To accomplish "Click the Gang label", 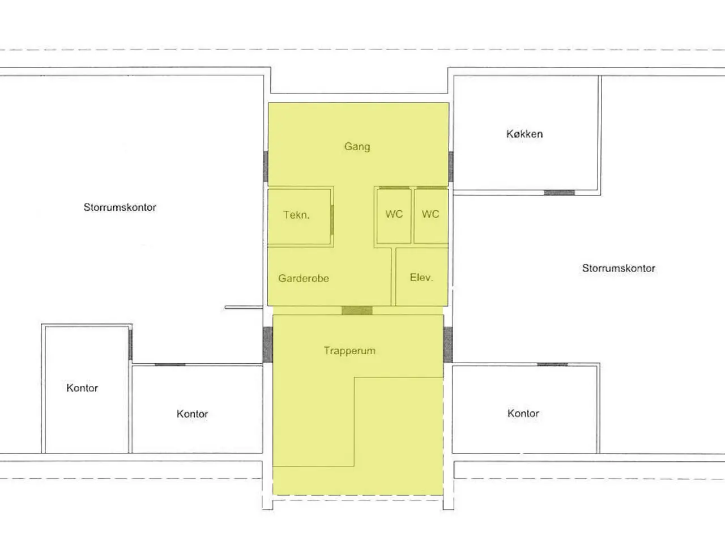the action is pos(357,146).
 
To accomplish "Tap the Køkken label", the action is pos(524,134).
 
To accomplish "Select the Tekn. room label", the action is pos(296,215).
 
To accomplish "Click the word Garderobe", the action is pos(304,278).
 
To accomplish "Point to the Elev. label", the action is pos(421,278).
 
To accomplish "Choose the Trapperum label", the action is pos(350,351).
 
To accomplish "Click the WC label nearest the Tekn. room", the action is pos(394,214).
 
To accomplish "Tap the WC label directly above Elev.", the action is pos(430,214).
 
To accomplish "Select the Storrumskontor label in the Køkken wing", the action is pos(619,268).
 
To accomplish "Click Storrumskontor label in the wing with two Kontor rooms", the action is pos(120,207).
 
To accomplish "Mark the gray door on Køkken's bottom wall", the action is pos(559,193).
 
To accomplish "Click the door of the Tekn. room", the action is pos(332,220).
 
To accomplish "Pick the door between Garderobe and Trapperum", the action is pos(357,310).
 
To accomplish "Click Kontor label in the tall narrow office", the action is pos(82,388).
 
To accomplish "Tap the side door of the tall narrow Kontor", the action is pos(130,345).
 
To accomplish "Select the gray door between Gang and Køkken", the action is pos(451,167).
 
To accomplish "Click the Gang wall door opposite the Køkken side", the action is pos(266,166).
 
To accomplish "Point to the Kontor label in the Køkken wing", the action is pos(523,413).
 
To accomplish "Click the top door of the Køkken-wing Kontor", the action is pos(552,364).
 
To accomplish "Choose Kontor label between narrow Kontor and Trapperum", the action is pos(192,414).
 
